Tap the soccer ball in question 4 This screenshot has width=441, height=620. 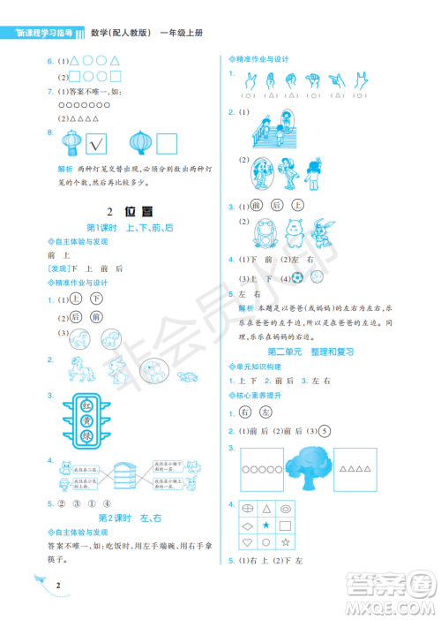point(298,276)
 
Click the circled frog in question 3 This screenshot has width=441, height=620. point(263,233)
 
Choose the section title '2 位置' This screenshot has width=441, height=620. point(129,211)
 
